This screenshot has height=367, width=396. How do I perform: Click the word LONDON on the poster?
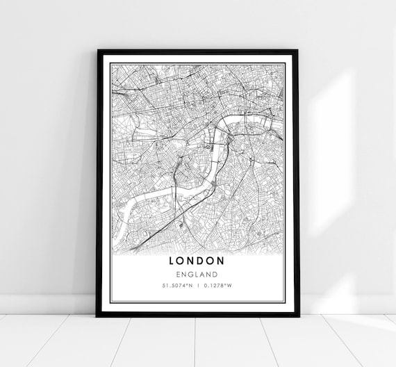pos(197,261)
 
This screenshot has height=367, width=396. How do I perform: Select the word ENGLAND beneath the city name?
pos(197,274)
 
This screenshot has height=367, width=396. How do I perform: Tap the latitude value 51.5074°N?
pos(177,285)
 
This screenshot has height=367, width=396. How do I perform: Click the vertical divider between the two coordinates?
pos(197,285)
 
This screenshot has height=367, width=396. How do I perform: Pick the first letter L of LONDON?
pos(172,261)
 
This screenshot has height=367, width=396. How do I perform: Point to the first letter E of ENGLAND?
pos(178,274)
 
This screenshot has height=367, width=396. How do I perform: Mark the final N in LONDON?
pos(222,261)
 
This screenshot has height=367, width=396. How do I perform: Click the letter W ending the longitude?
pos(230,285)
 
